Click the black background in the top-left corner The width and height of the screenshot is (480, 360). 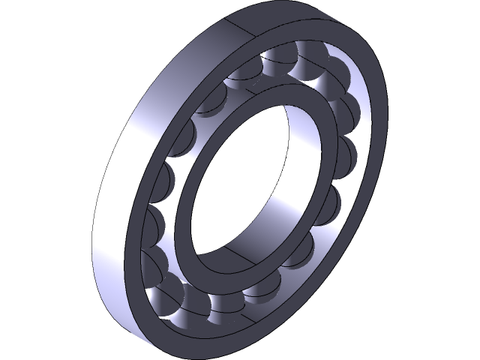click(30, 30)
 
